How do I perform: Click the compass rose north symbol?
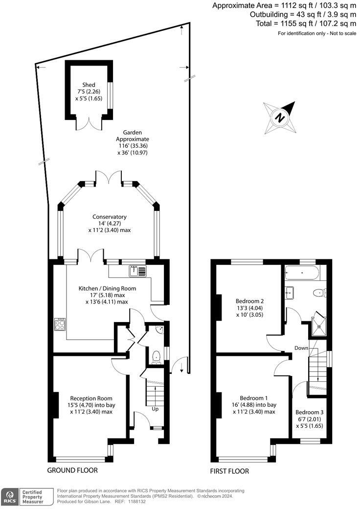pyautogui.click(x=280, y=117)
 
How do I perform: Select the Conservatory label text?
pyautogui.click(x=110, y=217)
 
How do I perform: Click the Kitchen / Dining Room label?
pyautogui.click(x=107, y=289)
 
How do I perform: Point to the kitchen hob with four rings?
pyautogui.click(x=60, y=325)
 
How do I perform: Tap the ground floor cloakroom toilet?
pyautogui.click(x=156, y=357)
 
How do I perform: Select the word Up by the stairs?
pyautogui.click(x=155, y=409)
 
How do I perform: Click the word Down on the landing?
pyautogui.click(x=302, y=348)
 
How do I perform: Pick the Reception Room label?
pyautogui.click(x=91, y=398)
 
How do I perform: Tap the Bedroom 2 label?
pyautogui.click(x=250, y=301)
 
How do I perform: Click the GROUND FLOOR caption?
pyautogui.click(x=72, y=470)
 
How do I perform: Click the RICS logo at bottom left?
pyautogui.click(x=9, y=496)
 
